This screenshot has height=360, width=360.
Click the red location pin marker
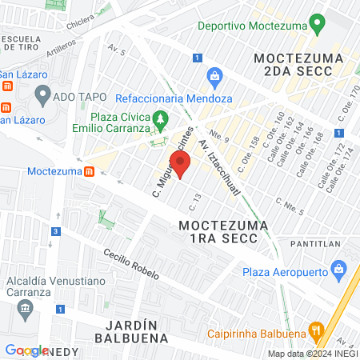(180, 164)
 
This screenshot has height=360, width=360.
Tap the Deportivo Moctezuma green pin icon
(318, 24)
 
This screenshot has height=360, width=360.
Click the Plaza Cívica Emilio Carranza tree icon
(161, 121)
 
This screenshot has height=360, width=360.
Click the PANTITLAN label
(317, 240)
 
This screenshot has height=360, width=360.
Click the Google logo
(26, 350)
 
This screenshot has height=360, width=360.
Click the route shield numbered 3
(55, 232)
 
